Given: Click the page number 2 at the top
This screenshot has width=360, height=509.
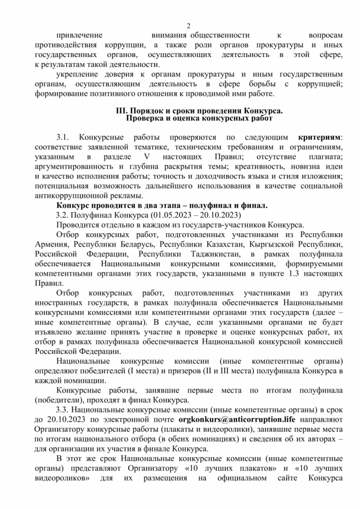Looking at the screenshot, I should [x=188, y=26].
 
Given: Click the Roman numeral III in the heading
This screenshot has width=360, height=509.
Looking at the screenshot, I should [x=121, y=111].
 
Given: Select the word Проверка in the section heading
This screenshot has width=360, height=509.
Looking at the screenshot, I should [x=142, y=119].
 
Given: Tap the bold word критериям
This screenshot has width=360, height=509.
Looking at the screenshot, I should [x=319, y=137].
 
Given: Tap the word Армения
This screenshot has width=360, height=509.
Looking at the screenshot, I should [x=51, y=245].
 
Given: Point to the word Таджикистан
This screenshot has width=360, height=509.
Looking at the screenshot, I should [x=214, y=254].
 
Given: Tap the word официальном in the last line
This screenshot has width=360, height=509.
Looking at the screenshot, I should [x=242, y=478].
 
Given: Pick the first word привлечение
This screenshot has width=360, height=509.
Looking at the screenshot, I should [x=79, y=35].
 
